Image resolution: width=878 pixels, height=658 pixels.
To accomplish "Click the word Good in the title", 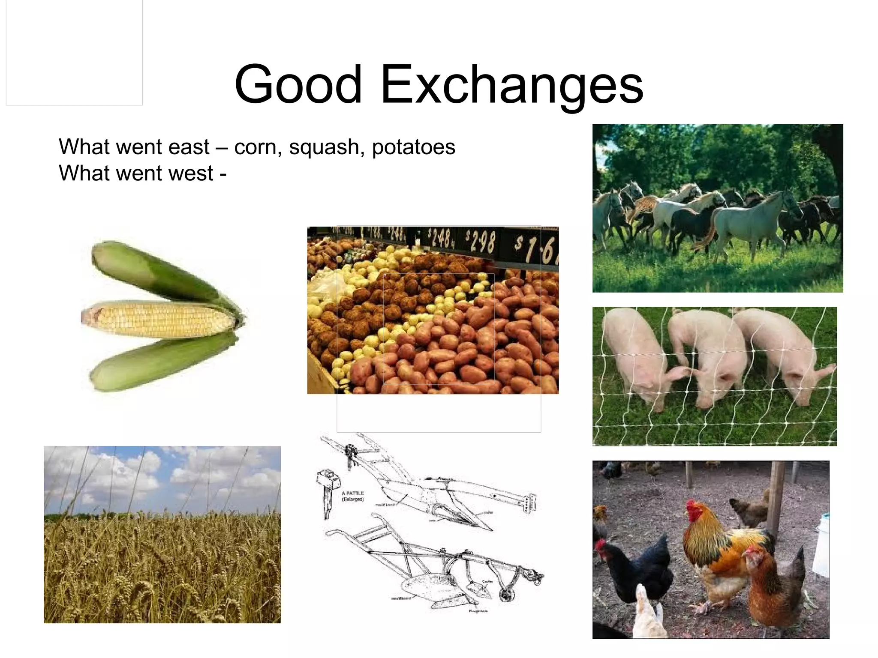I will (298, 84).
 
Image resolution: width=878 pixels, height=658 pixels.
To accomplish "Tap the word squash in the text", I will (324, 147).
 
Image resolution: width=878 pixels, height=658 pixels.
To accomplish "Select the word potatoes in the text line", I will (413, 147).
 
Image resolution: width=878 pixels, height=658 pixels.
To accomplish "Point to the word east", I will (189, 147).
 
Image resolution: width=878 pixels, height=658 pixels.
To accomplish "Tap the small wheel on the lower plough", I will (507, 595).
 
